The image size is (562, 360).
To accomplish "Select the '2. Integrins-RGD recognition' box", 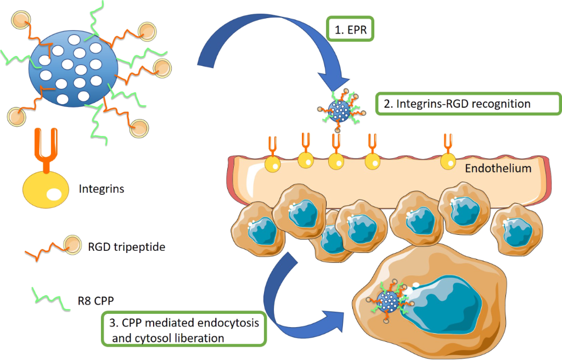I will [468, 103].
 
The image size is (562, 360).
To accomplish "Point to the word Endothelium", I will [498, 168].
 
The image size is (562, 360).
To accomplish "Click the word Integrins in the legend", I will [101, 189].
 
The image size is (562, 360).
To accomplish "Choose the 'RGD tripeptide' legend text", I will [126, 247].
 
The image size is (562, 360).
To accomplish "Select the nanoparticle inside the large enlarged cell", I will [390, 301].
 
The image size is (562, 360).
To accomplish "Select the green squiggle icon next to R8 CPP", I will [49, 296].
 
